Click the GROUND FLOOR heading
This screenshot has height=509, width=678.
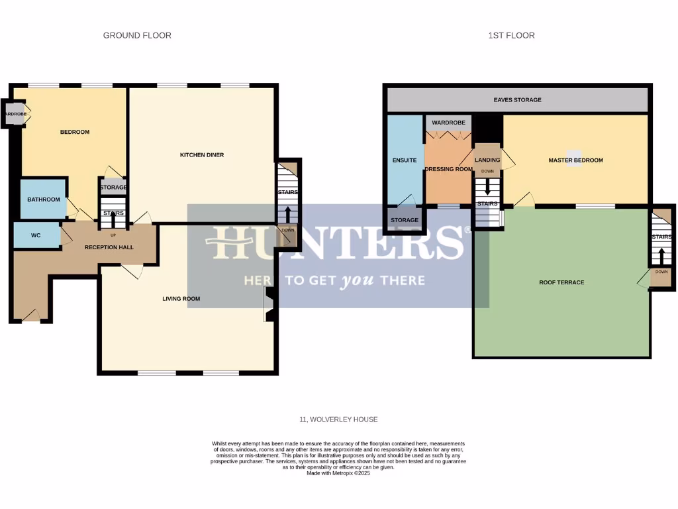(137, 35)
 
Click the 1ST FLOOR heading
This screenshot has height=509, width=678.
(507, 35)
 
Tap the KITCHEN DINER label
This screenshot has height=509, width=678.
(202, 155)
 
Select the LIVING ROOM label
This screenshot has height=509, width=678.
(181, 299)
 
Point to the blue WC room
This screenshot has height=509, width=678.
(36, 235)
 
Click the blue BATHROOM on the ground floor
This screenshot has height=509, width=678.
(43, 199)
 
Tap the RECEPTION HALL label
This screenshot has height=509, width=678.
(109, 247)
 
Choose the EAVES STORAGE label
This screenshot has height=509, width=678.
(517, 100)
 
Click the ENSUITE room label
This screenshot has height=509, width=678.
(405, 160)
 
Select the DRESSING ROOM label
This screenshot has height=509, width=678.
(448, 169)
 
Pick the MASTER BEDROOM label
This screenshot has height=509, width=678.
(575, 160)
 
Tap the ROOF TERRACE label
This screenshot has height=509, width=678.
(561, 282)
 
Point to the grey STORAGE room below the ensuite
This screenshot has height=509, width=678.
(405, 220)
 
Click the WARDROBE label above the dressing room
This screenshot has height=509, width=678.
(448, 123)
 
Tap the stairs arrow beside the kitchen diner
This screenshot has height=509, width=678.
(288, 215)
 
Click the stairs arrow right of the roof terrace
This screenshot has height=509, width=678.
(661, 257)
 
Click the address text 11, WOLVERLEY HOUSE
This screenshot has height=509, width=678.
(338, 420)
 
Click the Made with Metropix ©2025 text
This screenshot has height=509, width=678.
(338, 473)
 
